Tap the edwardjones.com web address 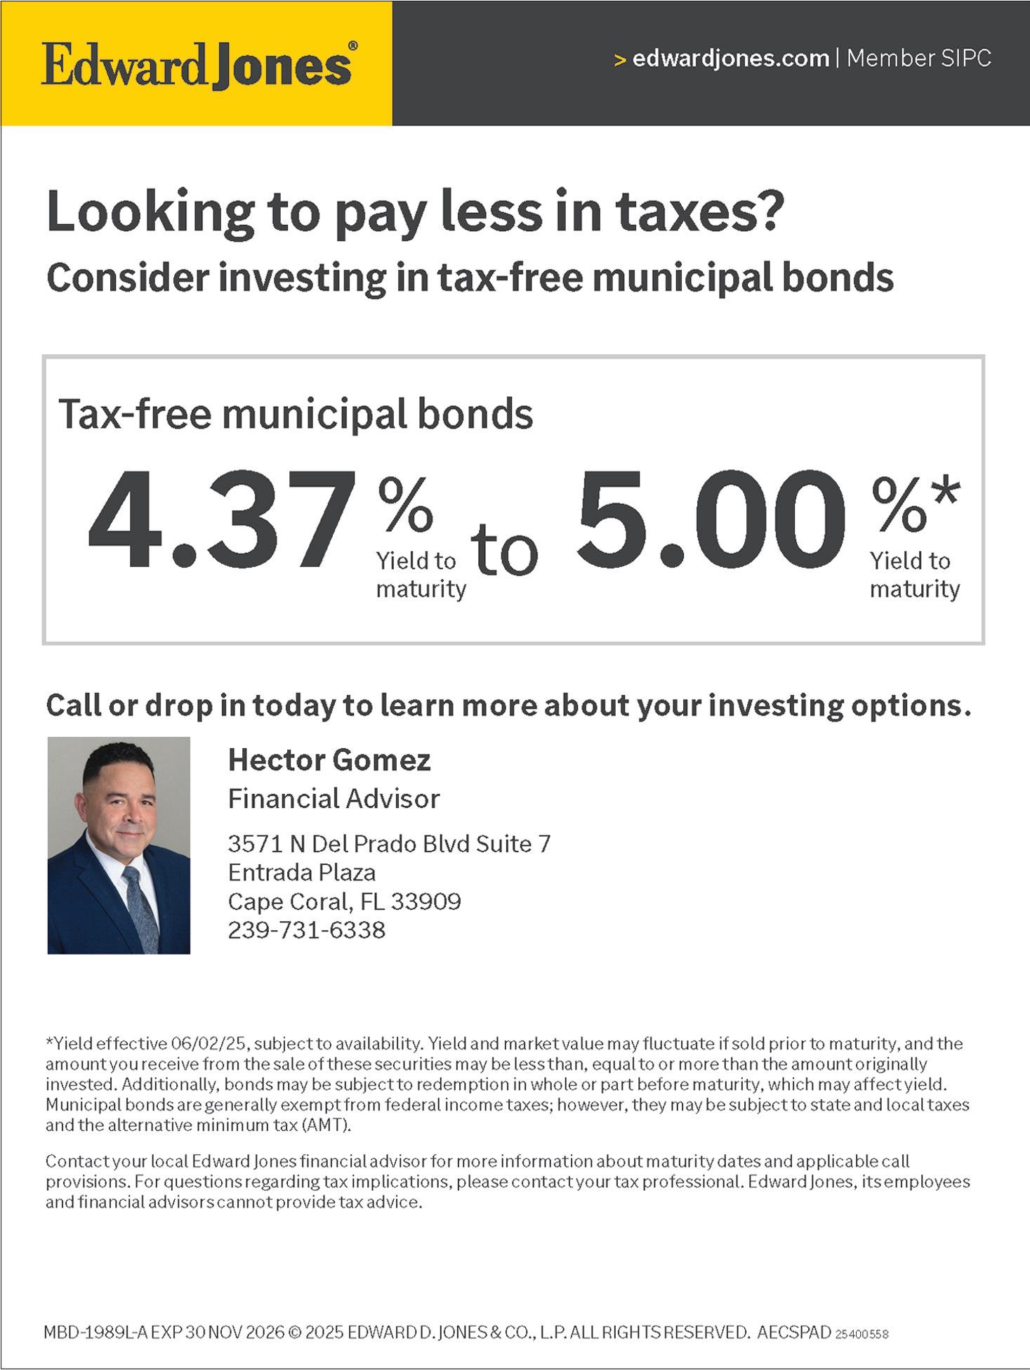pyautogui.click(x=730, y=58)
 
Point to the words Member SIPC pyautogui.click(x=919, y=58)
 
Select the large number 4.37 pyautogui.click(x=222, y=520)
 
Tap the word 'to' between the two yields pyautogui.click(x=503, y=549)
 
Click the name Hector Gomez pyautogui.click(x=329, y=760)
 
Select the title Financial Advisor pyautogui.click(x=334, y=799)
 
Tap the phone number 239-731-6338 pyautogui.click(x=307, y=930)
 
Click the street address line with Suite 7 pyautogui.click(x=390, y=844)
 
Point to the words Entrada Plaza pyautogui.click(x=302, y=873)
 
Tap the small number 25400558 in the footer pyautogui.click(x=862, y=1333)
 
